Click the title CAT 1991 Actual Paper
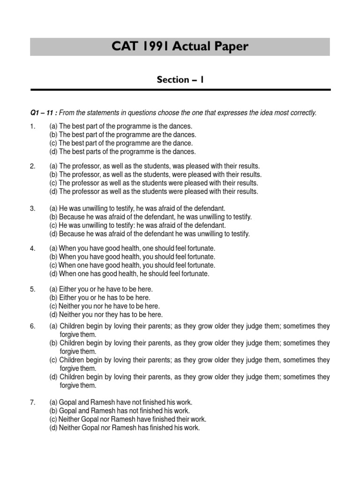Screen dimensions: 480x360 click(x=180, y=47)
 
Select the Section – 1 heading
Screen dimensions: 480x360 click(x=180, y=80)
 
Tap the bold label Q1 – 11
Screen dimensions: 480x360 click(x=43, y=112)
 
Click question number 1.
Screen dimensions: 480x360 click(x=33, y=127)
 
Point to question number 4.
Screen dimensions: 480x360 click(x=33, y=248)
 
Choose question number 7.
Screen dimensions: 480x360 click(x=33, y=403)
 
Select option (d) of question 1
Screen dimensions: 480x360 click(x=122, y=152)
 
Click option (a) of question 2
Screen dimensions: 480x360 click(x=154, y=166)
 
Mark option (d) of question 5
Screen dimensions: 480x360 click(x=106, y=315)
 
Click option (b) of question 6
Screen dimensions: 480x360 click(x=189, y=343)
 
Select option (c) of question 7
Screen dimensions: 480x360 click(x=127, y=420)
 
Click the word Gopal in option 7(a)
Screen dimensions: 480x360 click(x=68, y=403)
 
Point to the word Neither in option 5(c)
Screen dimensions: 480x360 click(x=69, y=307)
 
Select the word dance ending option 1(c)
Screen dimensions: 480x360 click(x=183, y=143)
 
